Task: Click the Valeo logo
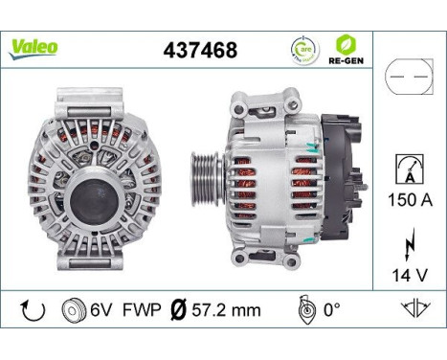[34, 47]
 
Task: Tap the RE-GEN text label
[346, 61]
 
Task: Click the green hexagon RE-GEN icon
[346, 44]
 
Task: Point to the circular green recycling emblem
[302, 50]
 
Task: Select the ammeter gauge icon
[408, 171]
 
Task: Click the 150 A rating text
[408, 201]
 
